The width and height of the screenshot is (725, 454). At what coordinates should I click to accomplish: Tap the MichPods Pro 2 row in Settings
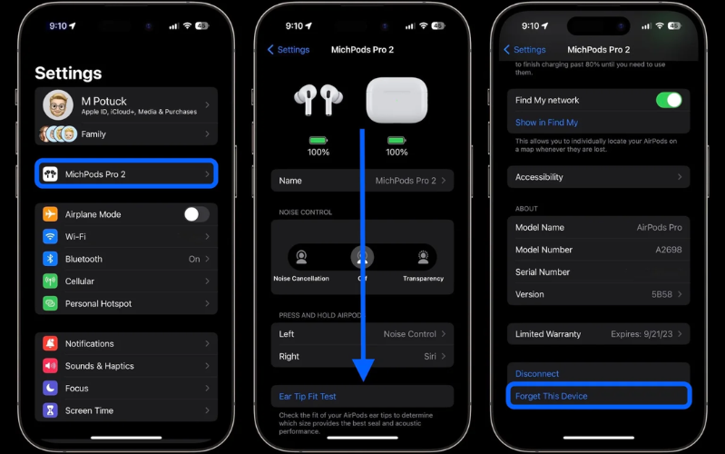click(126, 173)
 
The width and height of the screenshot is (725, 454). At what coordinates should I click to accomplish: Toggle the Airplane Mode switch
click(196, 214)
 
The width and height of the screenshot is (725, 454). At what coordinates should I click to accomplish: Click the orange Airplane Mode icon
click(50, 214)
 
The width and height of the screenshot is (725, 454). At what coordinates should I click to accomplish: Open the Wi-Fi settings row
click(126, 236)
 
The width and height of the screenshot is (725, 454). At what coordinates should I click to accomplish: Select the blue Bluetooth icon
click(50, 259)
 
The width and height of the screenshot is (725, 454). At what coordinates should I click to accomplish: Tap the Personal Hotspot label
click(98, 303)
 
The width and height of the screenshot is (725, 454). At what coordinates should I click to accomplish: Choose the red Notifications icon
click(50, 343)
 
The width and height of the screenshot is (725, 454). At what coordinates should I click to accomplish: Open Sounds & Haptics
click(99, 366)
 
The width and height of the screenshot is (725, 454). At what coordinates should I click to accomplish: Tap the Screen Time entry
click(89, 410)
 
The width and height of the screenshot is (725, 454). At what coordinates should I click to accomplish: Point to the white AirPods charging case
click(397, 100)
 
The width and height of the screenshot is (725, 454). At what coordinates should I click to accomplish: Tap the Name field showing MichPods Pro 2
click(362, 181)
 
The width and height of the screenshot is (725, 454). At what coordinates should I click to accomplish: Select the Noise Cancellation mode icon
click(301, 257)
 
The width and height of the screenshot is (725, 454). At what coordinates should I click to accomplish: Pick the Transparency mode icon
click(423, 257)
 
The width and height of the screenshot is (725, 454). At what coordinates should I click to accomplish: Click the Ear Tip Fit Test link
click(308, 397)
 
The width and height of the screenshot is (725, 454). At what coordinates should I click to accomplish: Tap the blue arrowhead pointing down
click(363, 369)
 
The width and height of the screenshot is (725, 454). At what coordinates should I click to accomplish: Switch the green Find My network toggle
click(668, 100)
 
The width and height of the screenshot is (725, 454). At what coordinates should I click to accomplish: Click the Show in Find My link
click(546, 123)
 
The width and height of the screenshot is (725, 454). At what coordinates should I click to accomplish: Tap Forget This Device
click(552, 396)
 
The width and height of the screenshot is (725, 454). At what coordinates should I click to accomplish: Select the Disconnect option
click(537, 373)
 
